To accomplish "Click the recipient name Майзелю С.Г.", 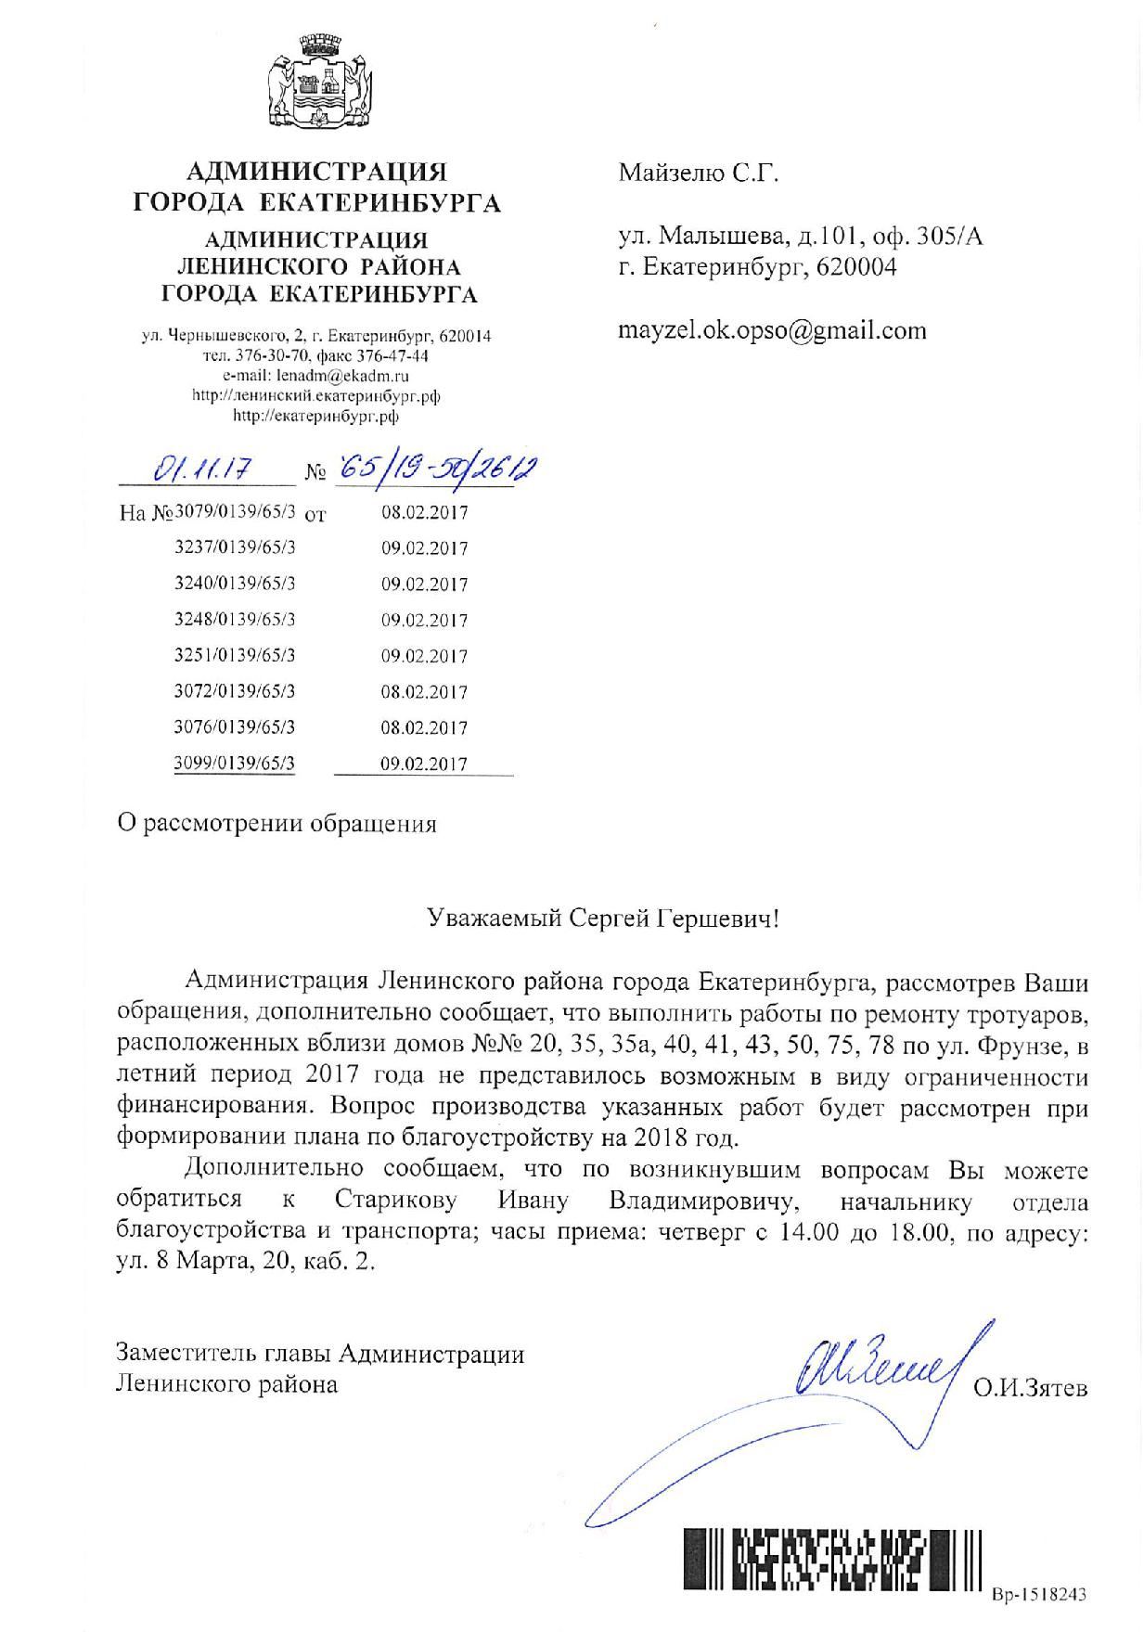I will [699, 173].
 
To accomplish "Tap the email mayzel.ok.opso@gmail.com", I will [772, 331].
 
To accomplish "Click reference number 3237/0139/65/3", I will [236, 547].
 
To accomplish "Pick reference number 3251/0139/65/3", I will [236, 655].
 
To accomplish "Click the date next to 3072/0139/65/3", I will [424, 691].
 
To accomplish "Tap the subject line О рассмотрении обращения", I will [276, 824].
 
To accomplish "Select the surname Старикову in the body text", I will [396, 1202].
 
